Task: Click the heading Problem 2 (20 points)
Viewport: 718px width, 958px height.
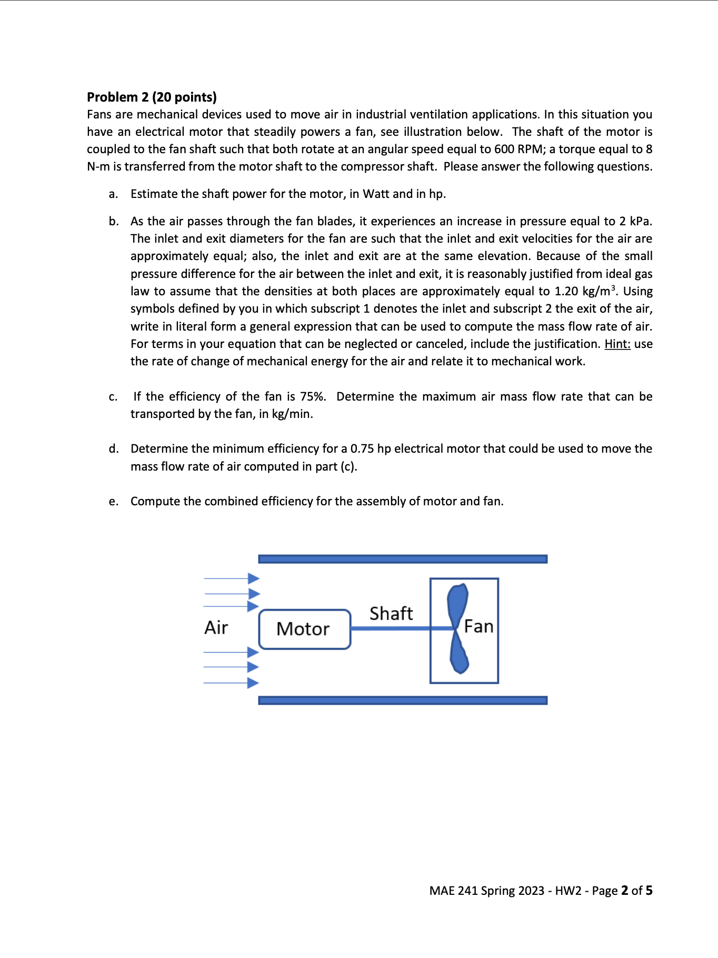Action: [152, 97]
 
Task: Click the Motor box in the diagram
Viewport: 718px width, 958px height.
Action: [304, 629]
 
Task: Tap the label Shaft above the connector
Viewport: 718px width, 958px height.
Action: [391, 613]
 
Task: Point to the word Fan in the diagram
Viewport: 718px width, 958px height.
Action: [478, 626]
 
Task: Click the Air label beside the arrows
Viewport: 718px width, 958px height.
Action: [216, 627]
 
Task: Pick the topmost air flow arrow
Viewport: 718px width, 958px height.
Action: [232, 578]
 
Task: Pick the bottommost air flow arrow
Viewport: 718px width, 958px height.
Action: [232, 683]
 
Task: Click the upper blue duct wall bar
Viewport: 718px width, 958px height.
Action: [403, 559]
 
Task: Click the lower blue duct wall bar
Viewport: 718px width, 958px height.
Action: [403, 700]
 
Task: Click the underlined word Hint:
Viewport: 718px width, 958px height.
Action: [617, 344]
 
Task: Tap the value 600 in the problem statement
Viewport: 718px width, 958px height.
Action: [504, 149]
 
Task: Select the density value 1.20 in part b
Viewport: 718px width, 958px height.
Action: [566, 291]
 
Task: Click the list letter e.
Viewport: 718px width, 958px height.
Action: [113, 502]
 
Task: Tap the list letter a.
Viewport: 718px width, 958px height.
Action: [113, 194]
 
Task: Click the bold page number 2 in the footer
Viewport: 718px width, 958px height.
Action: [624, 890]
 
